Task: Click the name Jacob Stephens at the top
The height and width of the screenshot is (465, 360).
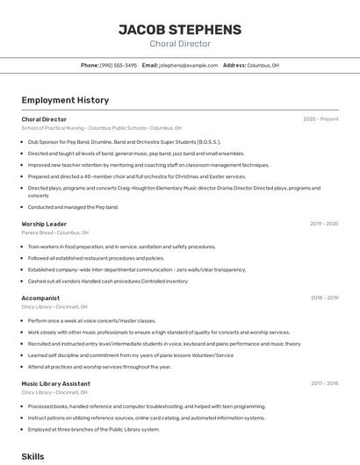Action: pos(180,29)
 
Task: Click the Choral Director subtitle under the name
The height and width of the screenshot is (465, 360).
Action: pos(180,44)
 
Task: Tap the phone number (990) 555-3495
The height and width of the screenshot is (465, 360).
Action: pos(118,65)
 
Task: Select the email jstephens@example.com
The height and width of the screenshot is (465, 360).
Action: pos(189,65)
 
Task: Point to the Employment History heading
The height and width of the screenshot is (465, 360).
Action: pos(65,100)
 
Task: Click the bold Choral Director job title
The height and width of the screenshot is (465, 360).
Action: pos(44,118)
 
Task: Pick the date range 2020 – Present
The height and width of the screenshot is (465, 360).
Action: pos(320,118)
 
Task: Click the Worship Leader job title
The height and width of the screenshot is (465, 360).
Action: pos(44,224)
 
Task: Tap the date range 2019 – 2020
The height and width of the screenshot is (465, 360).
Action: pos(323,224)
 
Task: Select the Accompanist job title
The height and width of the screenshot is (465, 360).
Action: pos(40,297)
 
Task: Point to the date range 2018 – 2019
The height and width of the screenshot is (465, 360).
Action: pos(323,297)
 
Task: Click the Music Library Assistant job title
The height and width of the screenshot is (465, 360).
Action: pos(55,383)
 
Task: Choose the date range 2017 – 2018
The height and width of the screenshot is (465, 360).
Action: pos(323,383)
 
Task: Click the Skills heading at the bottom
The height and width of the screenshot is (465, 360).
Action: pos(32,456)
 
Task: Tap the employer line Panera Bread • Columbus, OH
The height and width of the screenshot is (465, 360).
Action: pos(54,232)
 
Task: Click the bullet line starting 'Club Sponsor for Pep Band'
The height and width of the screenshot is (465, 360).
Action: pos(123,141)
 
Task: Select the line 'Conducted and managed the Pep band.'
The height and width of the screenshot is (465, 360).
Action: pos(72,207)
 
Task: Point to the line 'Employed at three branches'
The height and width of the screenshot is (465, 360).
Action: pos(93,429)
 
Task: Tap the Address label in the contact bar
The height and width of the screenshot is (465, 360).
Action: pos(234,65)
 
